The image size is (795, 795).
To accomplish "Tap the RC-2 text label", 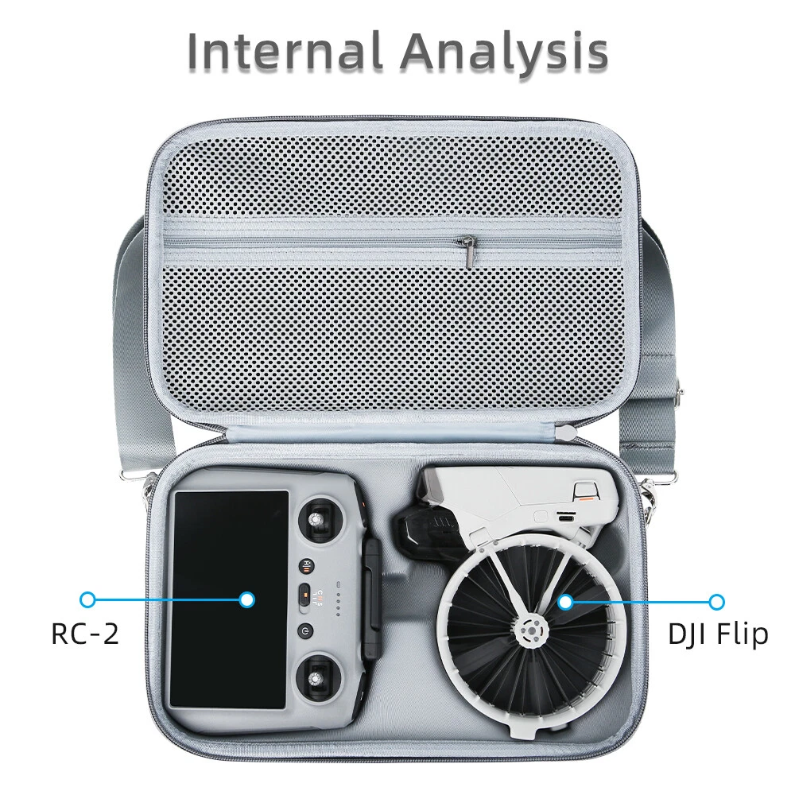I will coord(85,634).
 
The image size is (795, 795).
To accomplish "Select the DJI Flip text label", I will coord(718,634).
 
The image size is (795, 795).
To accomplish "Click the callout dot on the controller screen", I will coord(247,600).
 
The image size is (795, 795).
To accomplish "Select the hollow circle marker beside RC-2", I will coord(88,600).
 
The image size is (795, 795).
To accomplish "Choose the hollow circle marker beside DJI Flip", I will coord(716,602).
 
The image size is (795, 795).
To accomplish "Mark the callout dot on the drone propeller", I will coord(564,602).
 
